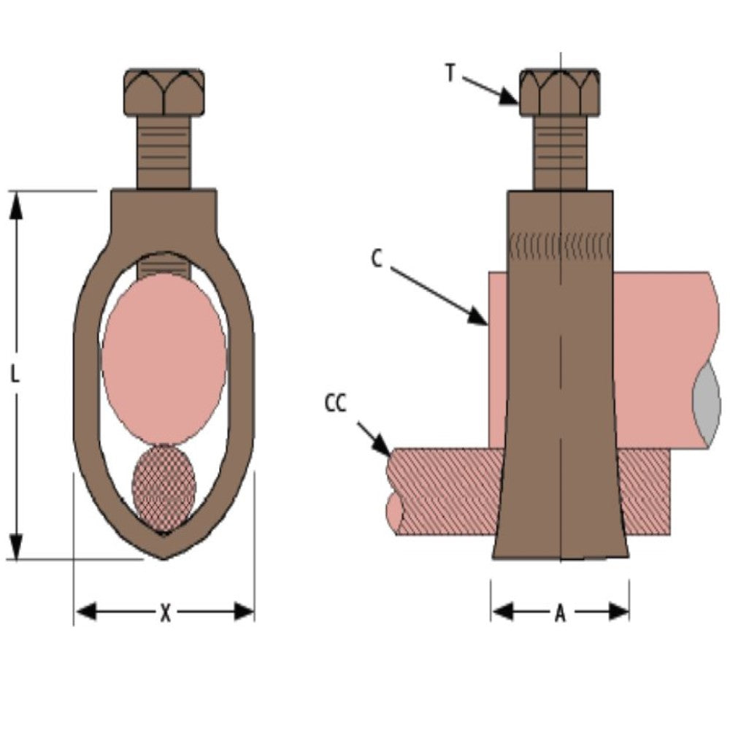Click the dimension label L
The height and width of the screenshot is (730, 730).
tap(15, 374)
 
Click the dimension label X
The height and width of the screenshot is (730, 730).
tap(165, 613)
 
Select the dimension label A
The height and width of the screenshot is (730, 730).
tap(560, 614)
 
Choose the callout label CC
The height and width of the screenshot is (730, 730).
tap(336, 403)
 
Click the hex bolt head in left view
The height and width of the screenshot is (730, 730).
tap(165, 92)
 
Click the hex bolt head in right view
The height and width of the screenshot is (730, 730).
tap(560, 92)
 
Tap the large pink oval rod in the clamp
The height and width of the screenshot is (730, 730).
tap(164, 358)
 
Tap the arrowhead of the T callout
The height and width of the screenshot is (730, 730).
tap(511, 99)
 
